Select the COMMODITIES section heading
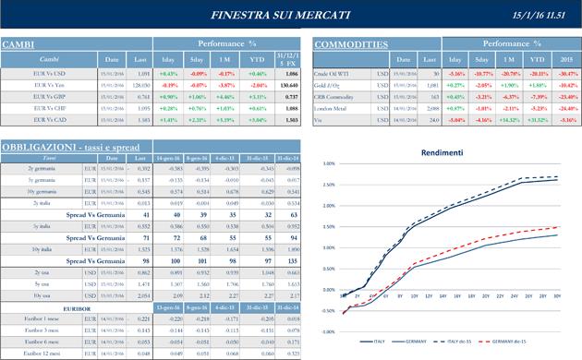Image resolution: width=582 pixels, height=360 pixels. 351,43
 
